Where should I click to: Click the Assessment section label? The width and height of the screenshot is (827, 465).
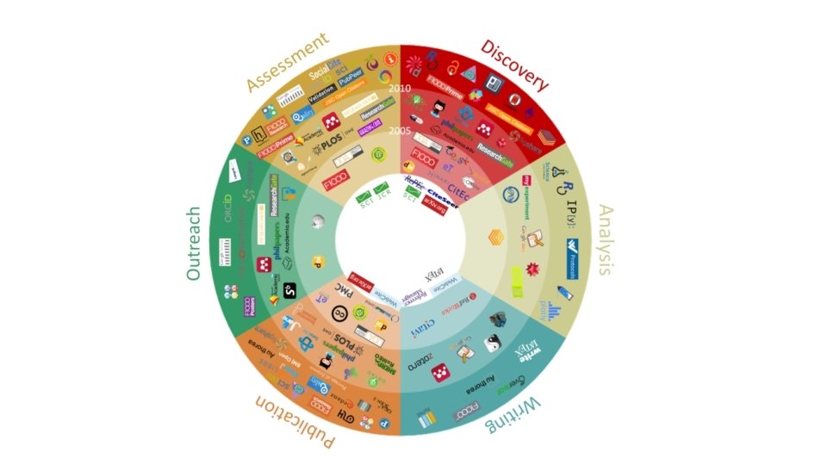[288, 61]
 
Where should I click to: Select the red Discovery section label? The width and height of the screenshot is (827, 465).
[514, 64]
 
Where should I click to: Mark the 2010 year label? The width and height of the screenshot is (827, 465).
[399, 89]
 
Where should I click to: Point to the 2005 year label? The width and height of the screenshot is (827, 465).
[399, 131]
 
